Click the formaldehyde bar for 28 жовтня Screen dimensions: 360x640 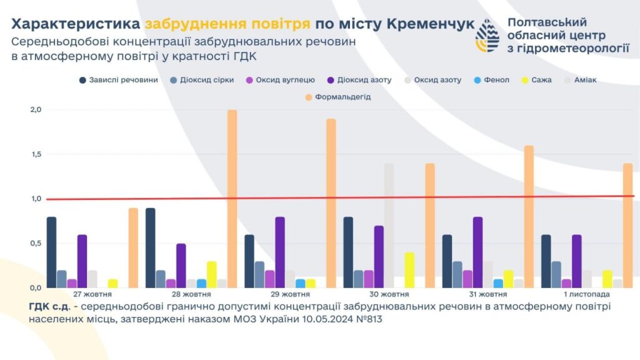click(x=232, y=199)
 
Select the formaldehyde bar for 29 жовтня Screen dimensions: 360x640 click(x=331, y=203)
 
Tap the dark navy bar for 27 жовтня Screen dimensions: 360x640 click(x=51, y=252)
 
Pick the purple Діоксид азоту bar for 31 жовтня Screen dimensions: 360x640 click(x=478, y=252)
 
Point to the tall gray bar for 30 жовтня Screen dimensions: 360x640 click(x=389, y=225)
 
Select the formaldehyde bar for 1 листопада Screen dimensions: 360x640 click(x=627, y=225)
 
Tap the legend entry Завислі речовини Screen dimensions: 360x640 click(x=118, y=80)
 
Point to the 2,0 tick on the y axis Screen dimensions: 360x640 click(x=36, y=110)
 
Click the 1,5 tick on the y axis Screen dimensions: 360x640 click(x=36, y=154)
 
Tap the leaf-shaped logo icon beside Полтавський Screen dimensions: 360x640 click(x=487, y=36)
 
